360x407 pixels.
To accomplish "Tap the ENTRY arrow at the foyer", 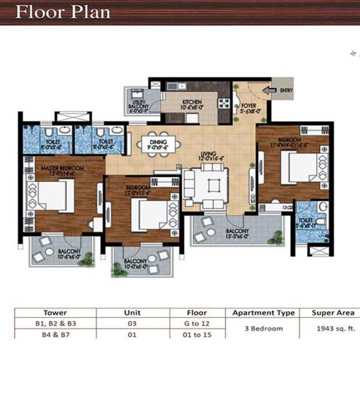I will pos(269,91).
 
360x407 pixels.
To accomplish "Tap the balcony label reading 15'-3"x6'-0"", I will pos(238,233).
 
